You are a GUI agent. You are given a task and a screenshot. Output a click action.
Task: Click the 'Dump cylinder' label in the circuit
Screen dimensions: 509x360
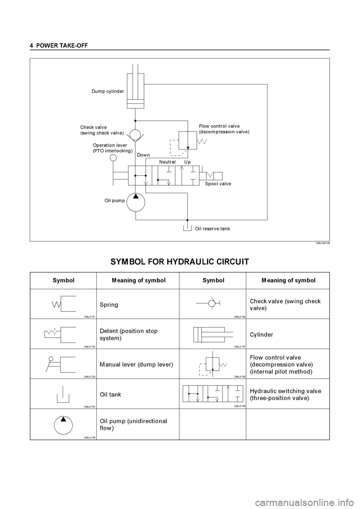pyautogui.click(x=108, y=91)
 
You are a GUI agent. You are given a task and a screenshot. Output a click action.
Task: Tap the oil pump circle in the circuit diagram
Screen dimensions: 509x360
pyautogui.click(x=136, y=202)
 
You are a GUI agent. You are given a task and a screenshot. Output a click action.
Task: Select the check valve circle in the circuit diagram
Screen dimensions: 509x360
pyautogui.click(x=135, y=135)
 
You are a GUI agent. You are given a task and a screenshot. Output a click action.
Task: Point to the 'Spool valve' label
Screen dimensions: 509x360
pyautogui.click(x=218, y=184)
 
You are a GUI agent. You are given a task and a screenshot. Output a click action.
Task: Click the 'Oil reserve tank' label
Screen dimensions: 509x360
pyautogui.click(x=212, y=229)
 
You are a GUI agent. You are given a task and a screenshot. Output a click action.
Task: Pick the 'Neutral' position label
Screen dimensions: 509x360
pyautogui.click(x=167, y=162)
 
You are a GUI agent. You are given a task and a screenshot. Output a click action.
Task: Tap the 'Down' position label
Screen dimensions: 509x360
pyautogui.click(x=143, y=155)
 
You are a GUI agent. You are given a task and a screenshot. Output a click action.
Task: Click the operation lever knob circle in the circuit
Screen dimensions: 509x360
pyautogui.click(x=113, y=158)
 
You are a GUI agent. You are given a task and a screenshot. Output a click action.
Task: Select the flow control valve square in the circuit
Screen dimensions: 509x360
pyautogui.click(x=188, y=141)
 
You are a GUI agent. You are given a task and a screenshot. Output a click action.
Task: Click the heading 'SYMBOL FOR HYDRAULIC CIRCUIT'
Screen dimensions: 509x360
pyautogui.click(x=180, y=262)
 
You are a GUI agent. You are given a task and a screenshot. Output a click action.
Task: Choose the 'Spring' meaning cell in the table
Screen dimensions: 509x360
pyautogui.click(x=109, y=305)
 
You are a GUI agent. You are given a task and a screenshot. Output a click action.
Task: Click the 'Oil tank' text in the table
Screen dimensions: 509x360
pyautogui.click(x=111, y=394)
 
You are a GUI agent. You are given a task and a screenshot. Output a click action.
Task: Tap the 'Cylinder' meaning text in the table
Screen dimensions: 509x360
pyautogui.click(x=261, y=334)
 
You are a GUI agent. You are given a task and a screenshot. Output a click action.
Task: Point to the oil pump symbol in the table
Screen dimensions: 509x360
pyautogui.click(x=63, y=425)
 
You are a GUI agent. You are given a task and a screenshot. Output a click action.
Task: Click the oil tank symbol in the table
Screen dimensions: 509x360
pyautogui.click(x=63, y=394)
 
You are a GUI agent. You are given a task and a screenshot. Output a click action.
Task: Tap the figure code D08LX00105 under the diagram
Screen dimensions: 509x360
pyautogui.click(x=322, y=243)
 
